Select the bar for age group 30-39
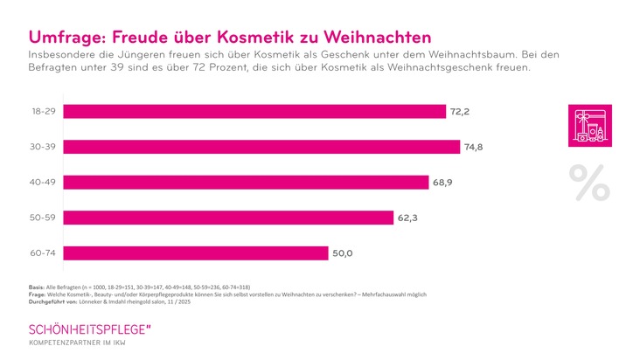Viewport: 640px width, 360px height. (x=262, y=147)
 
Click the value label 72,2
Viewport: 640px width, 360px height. (x=460, y=111)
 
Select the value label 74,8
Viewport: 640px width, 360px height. (x=473, y=147)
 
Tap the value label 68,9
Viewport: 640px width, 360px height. (x=442, y=183)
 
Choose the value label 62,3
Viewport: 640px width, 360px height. (x=409, y=218)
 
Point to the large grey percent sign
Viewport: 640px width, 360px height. (x=589, y=182)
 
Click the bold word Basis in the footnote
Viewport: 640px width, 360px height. (x=38, y=287)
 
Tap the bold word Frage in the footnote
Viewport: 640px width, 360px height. (x=38, y=295)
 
